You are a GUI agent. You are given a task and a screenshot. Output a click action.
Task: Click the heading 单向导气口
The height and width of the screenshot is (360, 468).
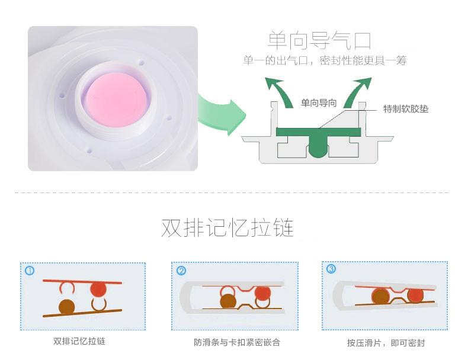point(319,41)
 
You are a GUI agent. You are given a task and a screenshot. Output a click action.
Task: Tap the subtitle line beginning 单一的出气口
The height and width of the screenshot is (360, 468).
point(325,61)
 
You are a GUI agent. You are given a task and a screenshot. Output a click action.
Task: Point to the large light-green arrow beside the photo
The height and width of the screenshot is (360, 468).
point(220,112)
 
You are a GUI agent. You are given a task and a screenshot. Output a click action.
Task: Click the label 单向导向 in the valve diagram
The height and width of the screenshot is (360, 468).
point(319,103)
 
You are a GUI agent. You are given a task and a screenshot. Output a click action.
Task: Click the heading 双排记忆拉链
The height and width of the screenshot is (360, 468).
point(227,228)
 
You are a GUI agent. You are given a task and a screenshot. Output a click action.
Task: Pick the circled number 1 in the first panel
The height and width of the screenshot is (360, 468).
point(30,271)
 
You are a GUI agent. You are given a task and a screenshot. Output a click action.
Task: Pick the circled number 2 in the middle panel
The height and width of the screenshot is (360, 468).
point(181,271)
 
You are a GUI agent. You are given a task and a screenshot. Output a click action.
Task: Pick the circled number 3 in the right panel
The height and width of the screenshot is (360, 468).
point(331,269)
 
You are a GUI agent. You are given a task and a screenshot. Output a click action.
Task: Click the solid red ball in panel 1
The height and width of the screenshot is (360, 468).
point(98,289)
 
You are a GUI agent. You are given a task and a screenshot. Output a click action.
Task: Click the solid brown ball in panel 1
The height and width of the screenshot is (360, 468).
point(67,307)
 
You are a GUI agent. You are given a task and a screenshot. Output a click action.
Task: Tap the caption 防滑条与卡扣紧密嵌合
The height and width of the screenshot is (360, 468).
point(236,342)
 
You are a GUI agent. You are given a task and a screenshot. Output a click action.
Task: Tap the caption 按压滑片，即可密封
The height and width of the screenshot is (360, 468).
point(386,343)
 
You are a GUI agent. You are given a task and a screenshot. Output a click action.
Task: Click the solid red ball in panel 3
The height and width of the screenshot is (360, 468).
point(415,295)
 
